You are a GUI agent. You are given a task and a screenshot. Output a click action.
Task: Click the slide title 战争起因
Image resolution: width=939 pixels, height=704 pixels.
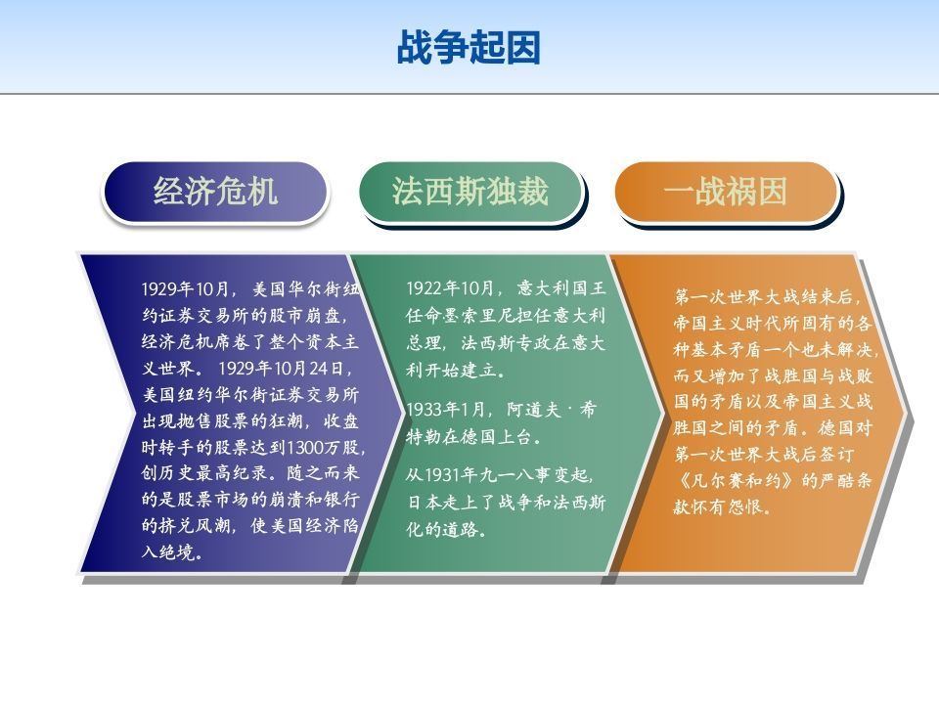[469, 47]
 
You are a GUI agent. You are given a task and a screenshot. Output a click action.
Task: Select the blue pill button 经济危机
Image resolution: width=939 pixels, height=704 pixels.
[215, 192]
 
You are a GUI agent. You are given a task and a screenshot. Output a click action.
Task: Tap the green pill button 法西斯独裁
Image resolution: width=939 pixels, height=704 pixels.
[470, 192]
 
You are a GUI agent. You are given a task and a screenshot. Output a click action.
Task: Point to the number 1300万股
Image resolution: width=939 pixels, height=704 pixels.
[324, 447]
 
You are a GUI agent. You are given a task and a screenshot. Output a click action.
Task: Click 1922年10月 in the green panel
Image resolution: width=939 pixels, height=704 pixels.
[449, 288]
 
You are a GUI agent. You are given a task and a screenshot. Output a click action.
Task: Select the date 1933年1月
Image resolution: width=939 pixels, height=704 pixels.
[445, 410]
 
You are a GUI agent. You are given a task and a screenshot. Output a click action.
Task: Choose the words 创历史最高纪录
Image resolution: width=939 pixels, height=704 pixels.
[204, 473]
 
